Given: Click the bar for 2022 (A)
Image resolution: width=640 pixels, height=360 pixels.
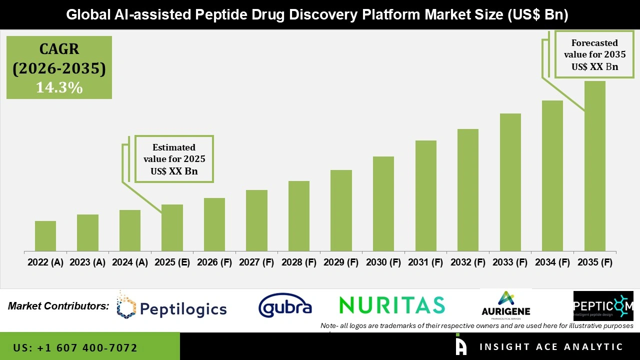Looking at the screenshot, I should click(45, 236).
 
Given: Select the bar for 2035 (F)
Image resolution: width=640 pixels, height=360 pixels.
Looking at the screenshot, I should click(594, 166).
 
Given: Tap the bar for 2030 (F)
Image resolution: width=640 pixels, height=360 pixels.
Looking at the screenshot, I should click(383, 203).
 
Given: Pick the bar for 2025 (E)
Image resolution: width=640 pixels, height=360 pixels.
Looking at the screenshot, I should click(172, 227).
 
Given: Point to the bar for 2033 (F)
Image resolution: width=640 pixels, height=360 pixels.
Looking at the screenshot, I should click(510, 182).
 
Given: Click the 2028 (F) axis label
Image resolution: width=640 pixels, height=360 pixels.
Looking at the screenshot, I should click(299, 262).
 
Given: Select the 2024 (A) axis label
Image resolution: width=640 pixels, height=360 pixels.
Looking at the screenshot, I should click(129, 262).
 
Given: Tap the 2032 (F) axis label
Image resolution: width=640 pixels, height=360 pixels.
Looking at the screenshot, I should click(468, 262).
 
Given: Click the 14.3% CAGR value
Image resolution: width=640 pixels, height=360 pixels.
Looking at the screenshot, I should click(59, 88).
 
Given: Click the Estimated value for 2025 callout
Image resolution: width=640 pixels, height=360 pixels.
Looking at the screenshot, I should click(174, 159).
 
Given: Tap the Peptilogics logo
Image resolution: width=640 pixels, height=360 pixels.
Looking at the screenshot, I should click(172, 306).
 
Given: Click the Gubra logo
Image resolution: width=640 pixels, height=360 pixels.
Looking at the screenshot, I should click(285, 306).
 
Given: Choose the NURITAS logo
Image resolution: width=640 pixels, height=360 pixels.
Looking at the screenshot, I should click(391, 305).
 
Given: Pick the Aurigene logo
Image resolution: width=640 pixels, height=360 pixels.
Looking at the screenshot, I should click(506, 305).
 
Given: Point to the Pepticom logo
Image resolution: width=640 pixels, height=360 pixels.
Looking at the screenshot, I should click(603, 305).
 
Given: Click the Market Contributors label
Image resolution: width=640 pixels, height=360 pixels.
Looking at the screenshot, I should click(58, 305).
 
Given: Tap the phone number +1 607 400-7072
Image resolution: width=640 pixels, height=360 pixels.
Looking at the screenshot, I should click(75, 347).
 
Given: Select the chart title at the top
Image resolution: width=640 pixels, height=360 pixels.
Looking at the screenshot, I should click(317, 15).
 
